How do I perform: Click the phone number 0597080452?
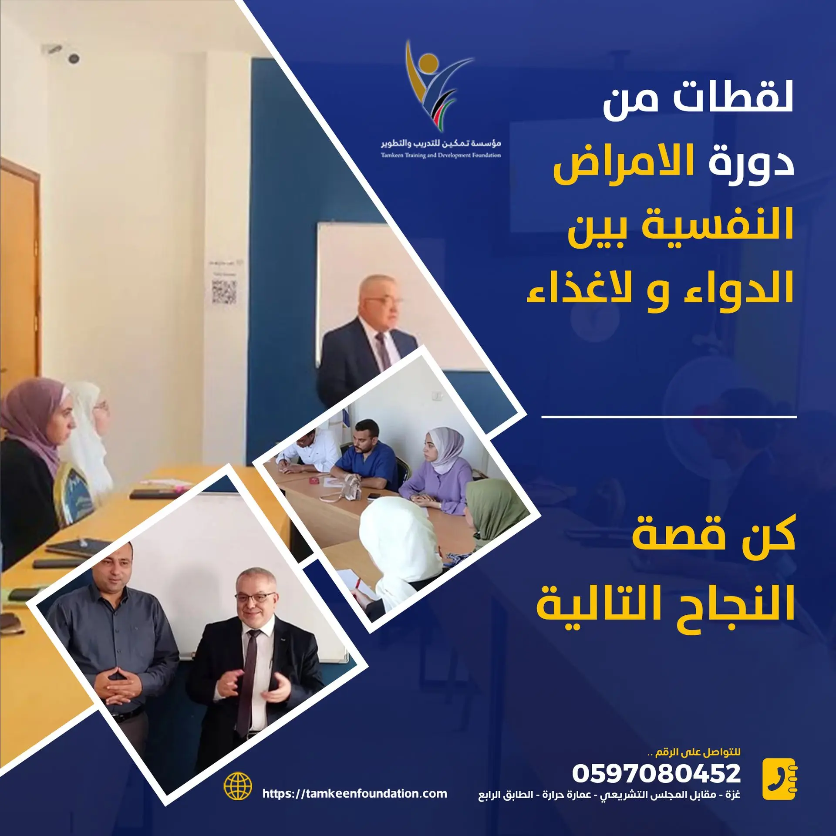click(656, 773)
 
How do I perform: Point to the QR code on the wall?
click(224, 292)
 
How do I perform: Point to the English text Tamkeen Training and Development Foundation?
click(441, 155)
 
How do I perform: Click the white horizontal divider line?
click(669, 417)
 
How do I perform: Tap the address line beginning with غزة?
click(609, 795)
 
